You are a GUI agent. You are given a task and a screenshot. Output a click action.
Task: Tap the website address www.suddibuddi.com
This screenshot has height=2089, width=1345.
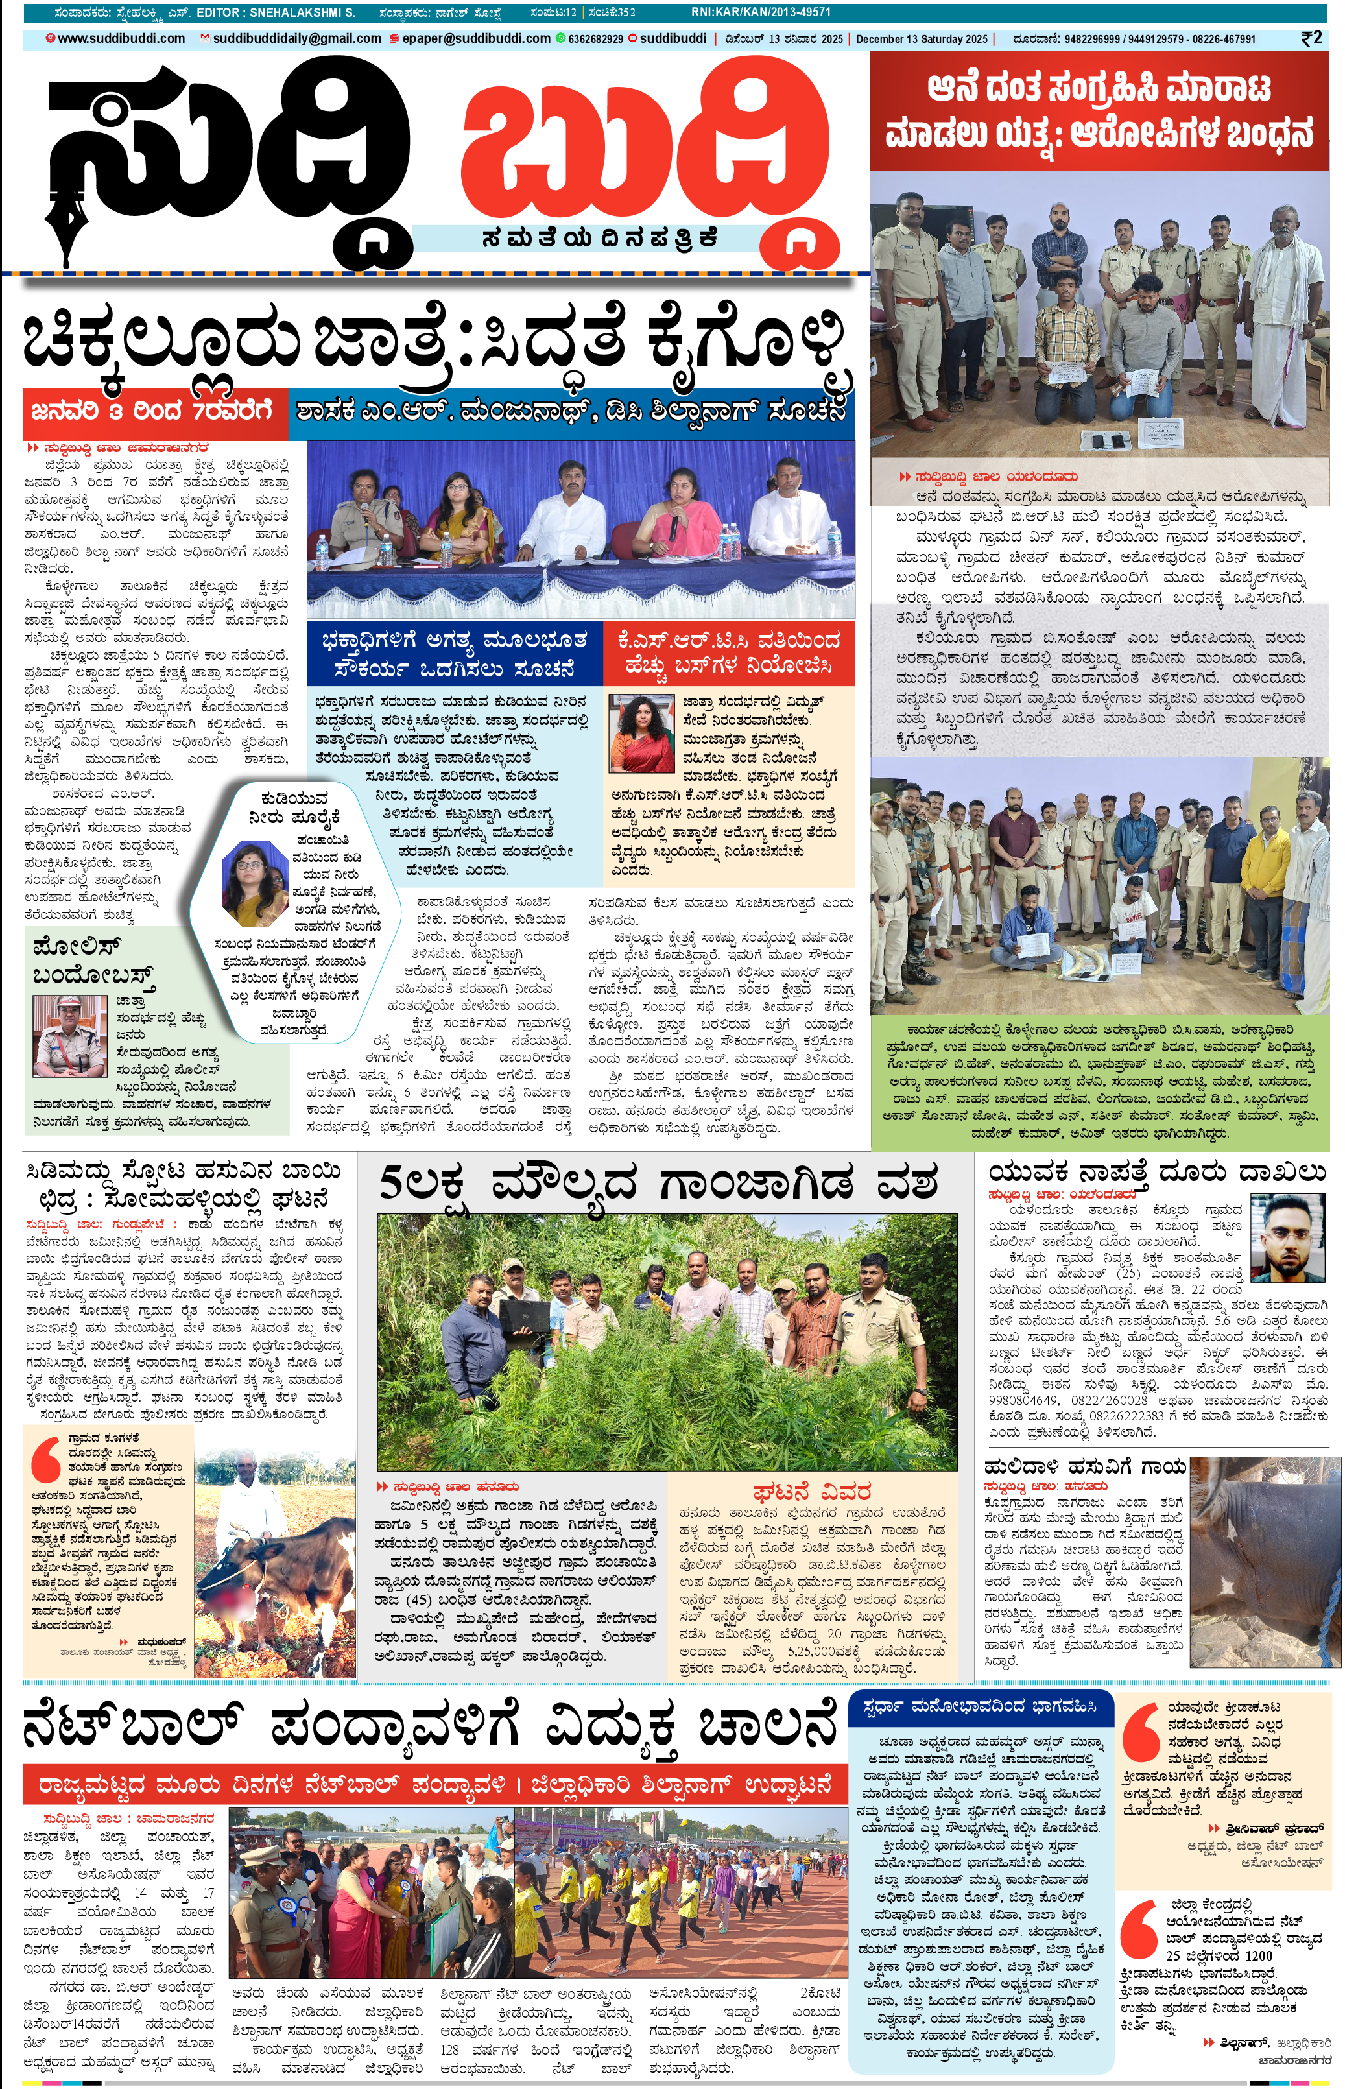point(121,38)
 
